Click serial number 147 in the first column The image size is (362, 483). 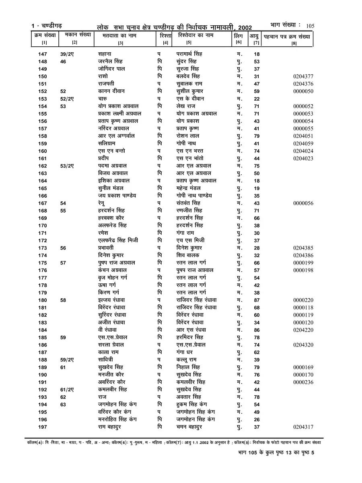42,54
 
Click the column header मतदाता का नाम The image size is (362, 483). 120,35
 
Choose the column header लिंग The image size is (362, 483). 239,36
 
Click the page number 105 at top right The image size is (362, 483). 310,26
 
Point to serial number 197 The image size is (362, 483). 42,427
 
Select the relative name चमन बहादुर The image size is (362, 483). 189,427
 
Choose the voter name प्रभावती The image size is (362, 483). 109,248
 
